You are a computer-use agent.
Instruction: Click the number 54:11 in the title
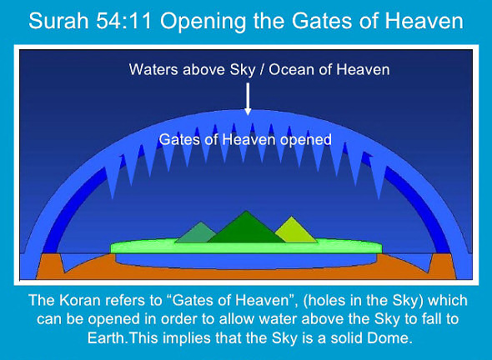point(124,21)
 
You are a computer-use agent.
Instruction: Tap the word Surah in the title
point(58,21)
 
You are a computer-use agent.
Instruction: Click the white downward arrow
point(248,99)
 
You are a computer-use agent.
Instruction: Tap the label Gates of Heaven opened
point(245,139)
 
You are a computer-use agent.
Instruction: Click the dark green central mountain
point(246,229)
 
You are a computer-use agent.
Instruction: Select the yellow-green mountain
point(294,231)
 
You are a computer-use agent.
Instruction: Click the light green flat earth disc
point(246,247)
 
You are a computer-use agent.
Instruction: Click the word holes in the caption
point(324,301)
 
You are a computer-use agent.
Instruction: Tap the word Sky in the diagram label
point(242,70)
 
